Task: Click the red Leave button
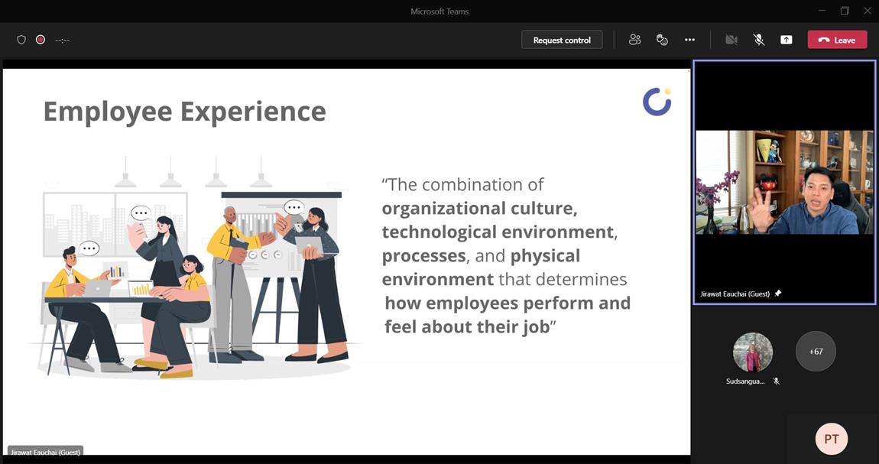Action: coord(837,40)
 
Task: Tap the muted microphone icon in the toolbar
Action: coord(758,40)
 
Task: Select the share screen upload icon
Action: coord(787,40)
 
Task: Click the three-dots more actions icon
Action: coord(689,40)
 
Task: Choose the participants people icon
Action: coord(634,40)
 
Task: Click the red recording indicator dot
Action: coord(41,40)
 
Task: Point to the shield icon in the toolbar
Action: coord(21,40)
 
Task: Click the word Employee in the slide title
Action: coord(108,112)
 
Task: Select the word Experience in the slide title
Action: coord(253,112)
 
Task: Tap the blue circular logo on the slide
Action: coord(657,102)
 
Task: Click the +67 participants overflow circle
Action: coord(816,352)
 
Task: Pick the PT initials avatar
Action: coord(832,439)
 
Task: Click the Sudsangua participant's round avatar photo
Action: coord(753,352)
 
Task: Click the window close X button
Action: coord(868,11)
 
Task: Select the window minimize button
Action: coord(822,11)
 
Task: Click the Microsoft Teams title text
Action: coord(439,11)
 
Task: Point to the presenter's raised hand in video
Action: coord(763,209)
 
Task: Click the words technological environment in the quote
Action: coord(498,232)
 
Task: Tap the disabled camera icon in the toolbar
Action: coord(731,40)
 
